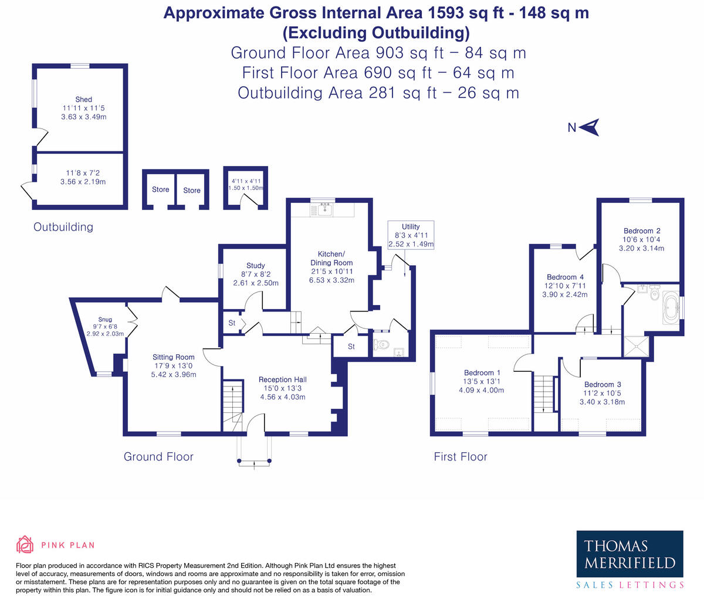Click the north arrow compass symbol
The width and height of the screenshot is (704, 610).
[x=588, y=127]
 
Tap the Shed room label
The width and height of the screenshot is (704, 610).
[x=83, y=99]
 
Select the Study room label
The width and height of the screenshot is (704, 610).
[x=255, y=265]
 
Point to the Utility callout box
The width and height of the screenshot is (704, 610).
[x=411, y=235]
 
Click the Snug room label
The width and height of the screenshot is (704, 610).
[x=105, y=320]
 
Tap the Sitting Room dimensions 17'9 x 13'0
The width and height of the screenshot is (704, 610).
[x=173, y=365]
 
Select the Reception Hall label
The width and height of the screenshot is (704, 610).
[x=282, y=379]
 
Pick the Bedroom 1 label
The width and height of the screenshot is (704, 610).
[x=482, y=372]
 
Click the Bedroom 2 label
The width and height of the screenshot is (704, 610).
[x=641, y=231]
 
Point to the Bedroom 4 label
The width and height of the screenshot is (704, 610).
[x=564, y=277]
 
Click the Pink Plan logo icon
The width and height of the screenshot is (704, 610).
[x=25, y=544]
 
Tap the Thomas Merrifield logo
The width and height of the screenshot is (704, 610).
[x=629, y=559]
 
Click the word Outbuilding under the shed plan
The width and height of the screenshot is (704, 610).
[x=63, y=227]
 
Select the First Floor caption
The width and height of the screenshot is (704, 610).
[x=460, y=456]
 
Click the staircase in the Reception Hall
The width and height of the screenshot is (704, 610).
[x=233, y=402]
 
